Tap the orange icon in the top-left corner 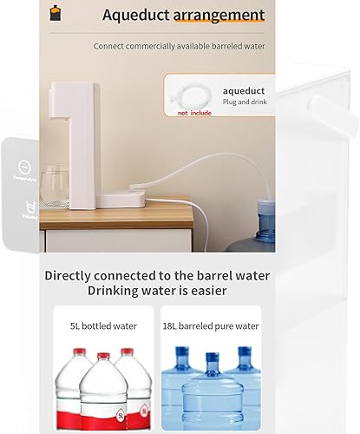[56, 13]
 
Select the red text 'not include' [195, 113]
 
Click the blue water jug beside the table [263, 221]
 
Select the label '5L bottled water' [103, 326]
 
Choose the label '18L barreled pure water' [211, 326]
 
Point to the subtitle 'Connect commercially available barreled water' [180, 46]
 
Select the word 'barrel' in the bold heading [204, 275]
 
